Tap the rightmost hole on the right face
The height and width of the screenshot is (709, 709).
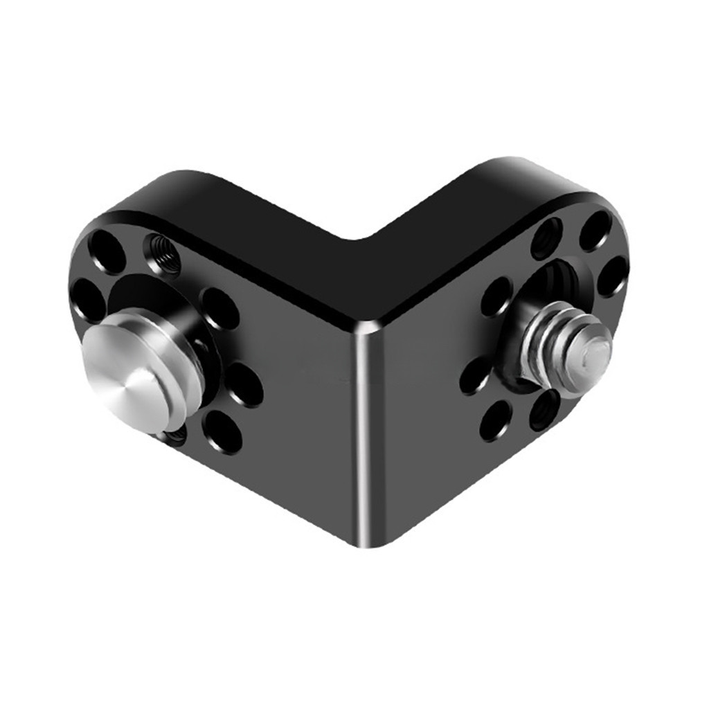(x=612, y=276)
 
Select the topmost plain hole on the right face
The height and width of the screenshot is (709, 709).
(x=595, y=231)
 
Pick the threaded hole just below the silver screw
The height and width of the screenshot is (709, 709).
(x=544, y=410)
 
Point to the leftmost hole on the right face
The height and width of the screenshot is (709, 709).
(x=475, y=376)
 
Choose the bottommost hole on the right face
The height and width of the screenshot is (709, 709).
(x=496, y=421)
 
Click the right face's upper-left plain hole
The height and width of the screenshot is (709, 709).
(x=496, y=296)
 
